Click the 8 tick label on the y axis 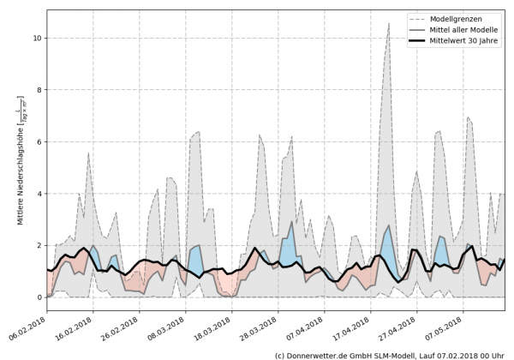tap(38, 90)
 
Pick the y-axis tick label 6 tap(38, 141)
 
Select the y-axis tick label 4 tap(38, 194)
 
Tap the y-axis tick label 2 tap(38, 245)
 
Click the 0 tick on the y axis tap(38, 297)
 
